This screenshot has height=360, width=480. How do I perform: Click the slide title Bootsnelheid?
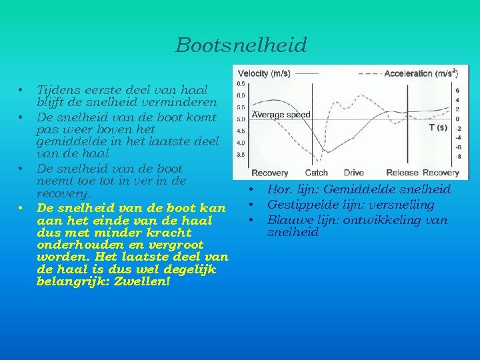pos(241,45)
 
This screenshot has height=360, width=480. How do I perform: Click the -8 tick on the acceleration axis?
pos(457,157)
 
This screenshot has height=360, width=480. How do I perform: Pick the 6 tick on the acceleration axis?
pos(457,90)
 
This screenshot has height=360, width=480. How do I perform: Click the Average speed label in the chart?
pos(281,115)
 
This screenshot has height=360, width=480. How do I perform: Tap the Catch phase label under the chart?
pos(316,173)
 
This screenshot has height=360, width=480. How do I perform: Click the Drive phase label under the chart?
pos(353,173)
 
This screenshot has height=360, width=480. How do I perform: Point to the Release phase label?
pos(402,173)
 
